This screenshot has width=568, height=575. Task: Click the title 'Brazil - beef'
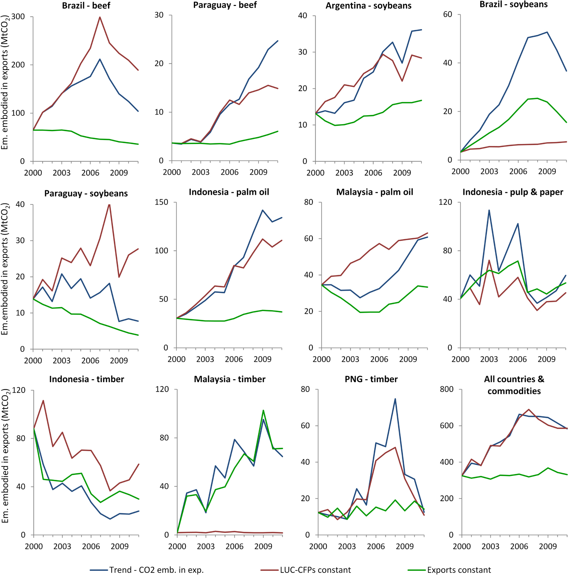coord(86,6)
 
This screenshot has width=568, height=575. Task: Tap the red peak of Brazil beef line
coord(100,17)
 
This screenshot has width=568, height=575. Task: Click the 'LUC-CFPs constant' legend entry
coord(315,570)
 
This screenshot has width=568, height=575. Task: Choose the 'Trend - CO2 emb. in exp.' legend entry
coord(156,570)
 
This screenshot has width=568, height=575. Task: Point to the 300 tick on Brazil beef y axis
coord(18,17)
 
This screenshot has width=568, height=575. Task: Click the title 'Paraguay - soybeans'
coord(86,193)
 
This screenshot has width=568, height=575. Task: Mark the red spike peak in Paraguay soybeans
coord(109,205)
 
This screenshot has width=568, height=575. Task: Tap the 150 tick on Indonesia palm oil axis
coord(161,202)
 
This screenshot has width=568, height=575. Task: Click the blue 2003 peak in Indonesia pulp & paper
coord(489,210)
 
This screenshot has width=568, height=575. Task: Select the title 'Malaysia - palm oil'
coord(374,192)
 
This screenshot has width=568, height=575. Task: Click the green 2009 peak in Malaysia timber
coord(263,410)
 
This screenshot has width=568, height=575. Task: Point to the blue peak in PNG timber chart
coord(395,399)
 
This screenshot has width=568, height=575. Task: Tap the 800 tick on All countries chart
coord(446,389)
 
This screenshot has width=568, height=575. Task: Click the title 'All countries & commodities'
coord(514,385)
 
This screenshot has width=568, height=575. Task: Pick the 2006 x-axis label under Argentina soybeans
coord(373,173)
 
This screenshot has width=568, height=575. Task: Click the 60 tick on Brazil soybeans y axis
coord(447,14)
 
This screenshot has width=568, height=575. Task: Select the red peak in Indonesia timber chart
coord(43,401)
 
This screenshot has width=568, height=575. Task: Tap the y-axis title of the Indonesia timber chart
coord(5,456)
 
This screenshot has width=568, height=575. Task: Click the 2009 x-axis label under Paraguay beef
coord(258,172)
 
